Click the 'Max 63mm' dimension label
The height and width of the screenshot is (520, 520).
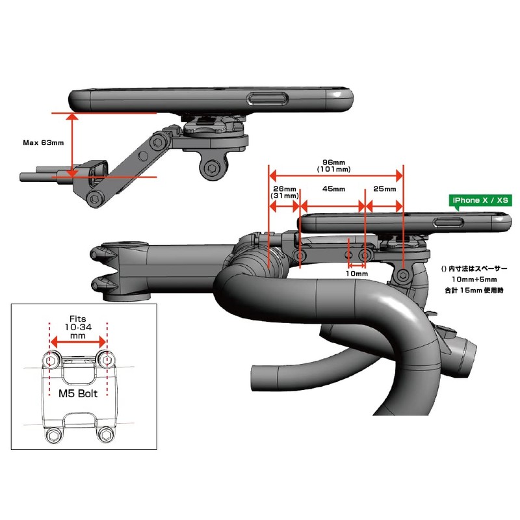click(x=43, y=142)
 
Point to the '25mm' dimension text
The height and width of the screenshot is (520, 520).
click(x=385, y=189)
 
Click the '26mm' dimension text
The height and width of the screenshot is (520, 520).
click(x=285, y=188)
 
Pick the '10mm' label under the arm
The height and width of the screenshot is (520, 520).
click(x=357, y=274)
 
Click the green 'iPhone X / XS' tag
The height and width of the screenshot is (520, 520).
click(x=480, y=201)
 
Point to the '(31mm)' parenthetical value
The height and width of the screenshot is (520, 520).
click(x=285, y=196)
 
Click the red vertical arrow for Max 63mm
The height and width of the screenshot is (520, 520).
click(x=72, y=144)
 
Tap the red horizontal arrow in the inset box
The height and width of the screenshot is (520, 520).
click(x=79, y=341)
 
